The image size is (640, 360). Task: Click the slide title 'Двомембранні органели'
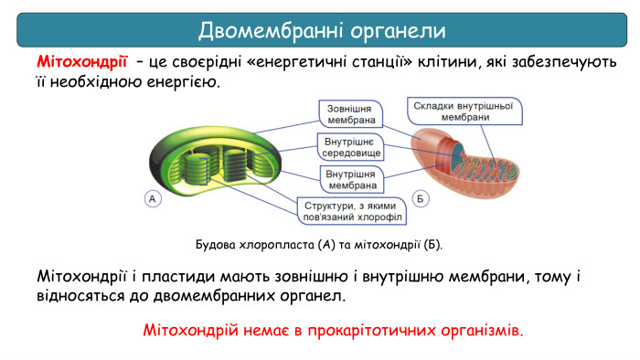322,30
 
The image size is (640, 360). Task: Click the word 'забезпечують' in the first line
572,63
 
